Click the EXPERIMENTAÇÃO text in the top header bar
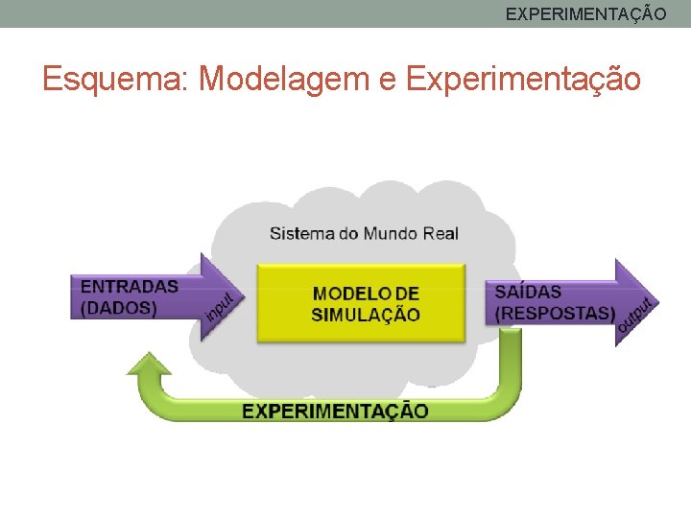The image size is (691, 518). (585, 14)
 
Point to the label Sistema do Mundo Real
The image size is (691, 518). (364, 233)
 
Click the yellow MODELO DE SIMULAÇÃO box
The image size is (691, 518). (360, 304)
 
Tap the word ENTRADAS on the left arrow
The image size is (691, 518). (130, 286)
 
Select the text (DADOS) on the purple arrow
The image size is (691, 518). (119, 308)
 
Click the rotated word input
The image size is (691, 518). (220, 308)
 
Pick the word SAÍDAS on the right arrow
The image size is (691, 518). (529, 292)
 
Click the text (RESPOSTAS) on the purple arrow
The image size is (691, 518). (555, 313)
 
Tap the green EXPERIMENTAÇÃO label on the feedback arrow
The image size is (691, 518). (335, 411)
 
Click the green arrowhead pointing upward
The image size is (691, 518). (150, 365)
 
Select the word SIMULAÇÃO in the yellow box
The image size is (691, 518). (366, 315)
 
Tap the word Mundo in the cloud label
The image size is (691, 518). (390, 233)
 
